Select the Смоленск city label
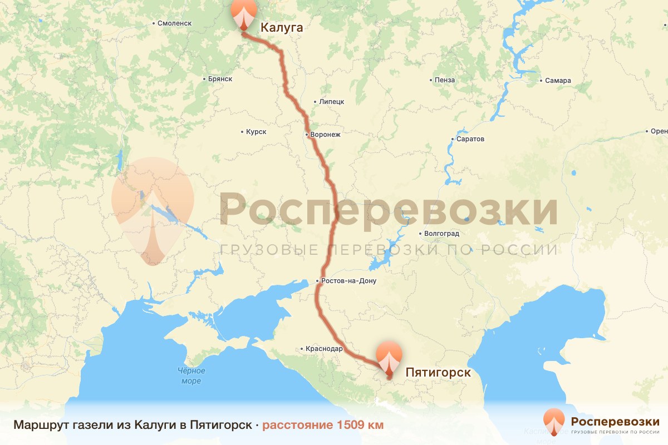(x=174, y=23)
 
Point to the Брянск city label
(x=219, y=80)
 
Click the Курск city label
(x=256, y=132)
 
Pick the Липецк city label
(x=332, y=102)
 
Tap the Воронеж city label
(x=325, y=135)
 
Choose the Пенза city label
(x=445, y=80)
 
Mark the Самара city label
(x=558, y=81)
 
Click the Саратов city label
(x=470, y=139)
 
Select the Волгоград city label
(x=441, y=234)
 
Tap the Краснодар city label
(x=324, y=349)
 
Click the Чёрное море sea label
(x=191, y=376)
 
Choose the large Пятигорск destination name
(x=438, y=372)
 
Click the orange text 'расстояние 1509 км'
(x=323, y=426)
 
